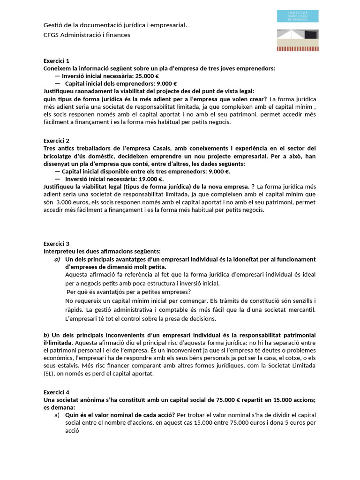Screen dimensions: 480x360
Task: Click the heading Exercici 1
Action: coord(56,61)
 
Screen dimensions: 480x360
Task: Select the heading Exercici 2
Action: coord(56,141)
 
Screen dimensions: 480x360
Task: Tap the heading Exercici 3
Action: coord(56,244)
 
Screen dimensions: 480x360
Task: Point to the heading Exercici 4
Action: coord(56,392)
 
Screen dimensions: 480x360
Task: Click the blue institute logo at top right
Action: coord(297,16)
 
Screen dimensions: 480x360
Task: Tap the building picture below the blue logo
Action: coord(297,40)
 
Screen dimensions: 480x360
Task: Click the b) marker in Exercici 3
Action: coord(46,335)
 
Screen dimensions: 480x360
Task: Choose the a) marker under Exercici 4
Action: coord(57,415)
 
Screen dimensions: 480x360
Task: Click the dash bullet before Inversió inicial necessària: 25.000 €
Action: coord(57,76)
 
